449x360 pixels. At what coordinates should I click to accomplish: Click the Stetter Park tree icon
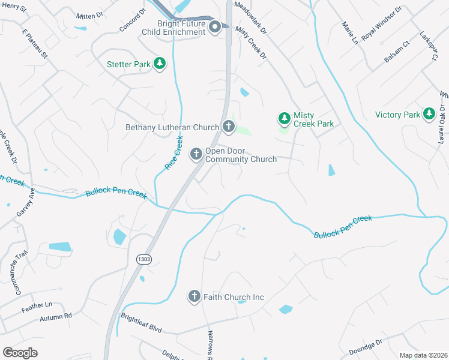pos(159,64)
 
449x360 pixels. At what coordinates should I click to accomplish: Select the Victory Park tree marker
pos(429,114)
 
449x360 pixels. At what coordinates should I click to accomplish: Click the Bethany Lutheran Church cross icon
pos(228,127)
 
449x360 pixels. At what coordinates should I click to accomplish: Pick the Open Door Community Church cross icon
pos(196,154)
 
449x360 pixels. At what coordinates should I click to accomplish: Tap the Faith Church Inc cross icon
pos(194,296)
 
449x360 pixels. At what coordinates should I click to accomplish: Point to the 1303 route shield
pos(143,259)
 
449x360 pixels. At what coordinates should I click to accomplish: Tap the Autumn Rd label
pos(56,316)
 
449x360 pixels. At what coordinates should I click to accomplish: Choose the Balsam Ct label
pos(397,52)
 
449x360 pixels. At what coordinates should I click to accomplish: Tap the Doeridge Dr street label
pos(365,347)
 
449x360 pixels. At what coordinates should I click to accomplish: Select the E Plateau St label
pos(34,43)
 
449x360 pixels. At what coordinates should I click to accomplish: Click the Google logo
pos(20,353)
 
